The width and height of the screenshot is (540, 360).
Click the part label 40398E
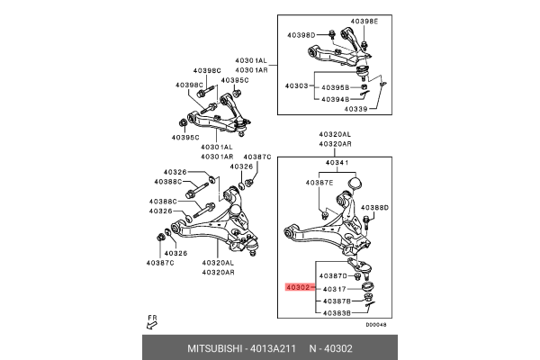365,20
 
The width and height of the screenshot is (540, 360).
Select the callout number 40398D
302,35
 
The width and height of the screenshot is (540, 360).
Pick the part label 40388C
163,201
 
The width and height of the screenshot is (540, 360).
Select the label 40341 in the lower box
337,164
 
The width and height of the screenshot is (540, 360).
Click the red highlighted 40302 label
299,288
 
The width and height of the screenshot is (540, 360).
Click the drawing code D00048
376,325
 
